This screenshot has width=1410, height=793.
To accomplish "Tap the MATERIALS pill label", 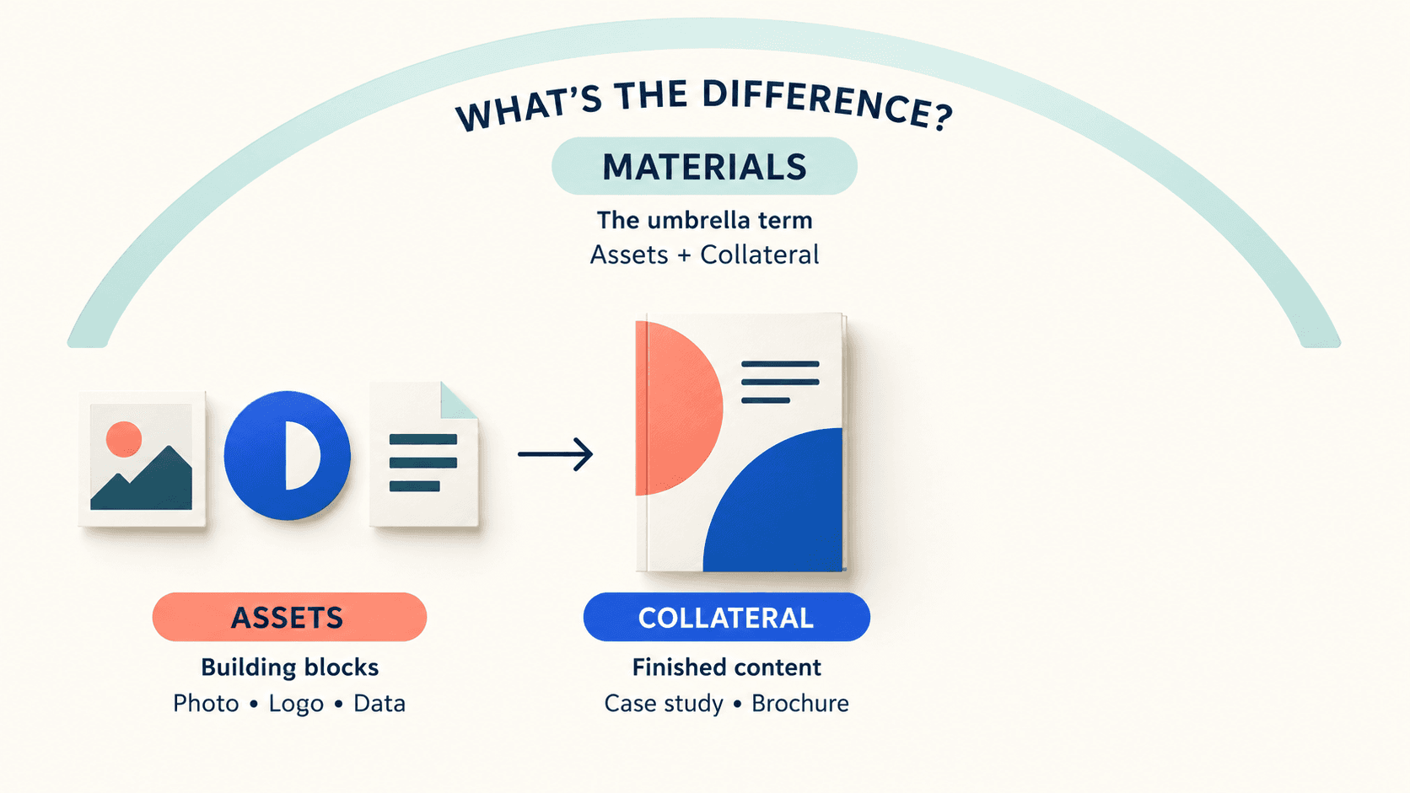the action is click(704, 166).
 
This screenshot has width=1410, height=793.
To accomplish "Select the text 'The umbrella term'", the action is click(704, 220).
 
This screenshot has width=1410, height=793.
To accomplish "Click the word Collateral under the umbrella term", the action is click(759, 255).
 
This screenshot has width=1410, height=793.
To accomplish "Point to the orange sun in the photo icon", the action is click(124, 439).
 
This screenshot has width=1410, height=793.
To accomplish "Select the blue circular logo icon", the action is click(287, 455).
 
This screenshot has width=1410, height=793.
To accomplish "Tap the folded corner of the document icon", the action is click(457, 401).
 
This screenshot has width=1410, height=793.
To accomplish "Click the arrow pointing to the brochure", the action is click(555, 454).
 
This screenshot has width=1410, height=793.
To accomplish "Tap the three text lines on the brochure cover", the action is click(780, 382).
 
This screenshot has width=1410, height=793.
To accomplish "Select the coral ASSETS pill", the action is click(289, 617).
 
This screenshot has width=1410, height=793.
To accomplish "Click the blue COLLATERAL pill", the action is click(726, 617).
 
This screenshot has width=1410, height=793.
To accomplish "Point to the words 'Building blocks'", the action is click(289, 667).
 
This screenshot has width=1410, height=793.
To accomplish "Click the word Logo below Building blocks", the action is click(296, 704).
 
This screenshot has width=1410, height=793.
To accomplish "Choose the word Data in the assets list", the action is click(379, 703).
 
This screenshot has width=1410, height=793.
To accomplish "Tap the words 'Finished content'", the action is click(726, 667).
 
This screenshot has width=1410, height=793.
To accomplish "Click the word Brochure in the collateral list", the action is click(800, 703).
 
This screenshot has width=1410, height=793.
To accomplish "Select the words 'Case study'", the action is click(664, 704).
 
